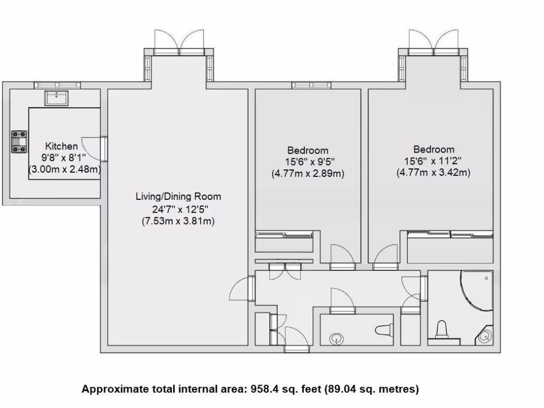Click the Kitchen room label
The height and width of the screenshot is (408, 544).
(61, 146)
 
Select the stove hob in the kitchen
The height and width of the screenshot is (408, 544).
(19, 142)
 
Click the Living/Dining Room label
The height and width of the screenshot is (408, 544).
(178, 197)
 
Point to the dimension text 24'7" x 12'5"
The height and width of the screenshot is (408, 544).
(178, 209)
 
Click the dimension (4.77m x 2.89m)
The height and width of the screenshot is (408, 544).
(308, 174)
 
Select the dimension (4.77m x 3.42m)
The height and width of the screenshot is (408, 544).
(434, 173)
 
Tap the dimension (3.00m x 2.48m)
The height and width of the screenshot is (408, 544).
(64, 169)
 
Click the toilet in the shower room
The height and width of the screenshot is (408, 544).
(441, 329)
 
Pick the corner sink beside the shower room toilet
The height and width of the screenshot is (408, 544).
(485, 336)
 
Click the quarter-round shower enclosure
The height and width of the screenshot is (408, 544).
(475, 291)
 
